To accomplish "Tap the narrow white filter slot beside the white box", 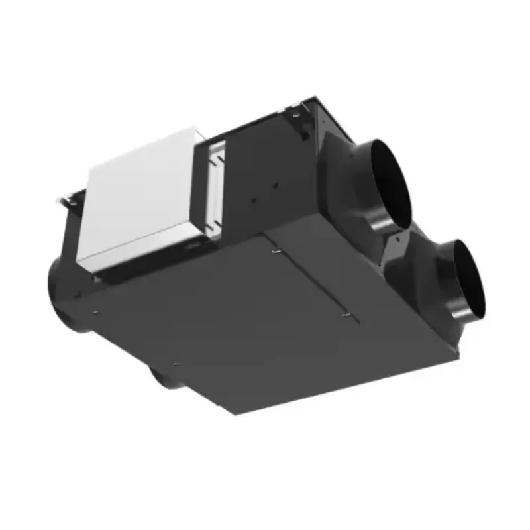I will pyautogui.click(x=215, y=185).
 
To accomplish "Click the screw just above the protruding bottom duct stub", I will pyautogui.click(x=175, y=363).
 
